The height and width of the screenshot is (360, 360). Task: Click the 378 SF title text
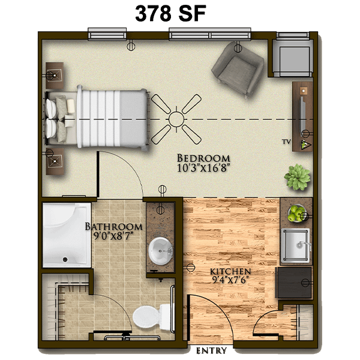(170, 14)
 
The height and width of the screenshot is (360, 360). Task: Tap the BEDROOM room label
(203, 158)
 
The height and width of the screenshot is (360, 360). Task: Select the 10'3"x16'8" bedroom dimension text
(203, 168)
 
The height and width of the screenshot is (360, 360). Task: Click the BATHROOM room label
(113, 227)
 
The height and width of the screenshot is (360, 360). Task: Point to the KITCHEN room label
(230, 272)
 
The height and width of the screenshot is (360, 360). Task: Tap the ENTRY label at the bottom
(211, 350)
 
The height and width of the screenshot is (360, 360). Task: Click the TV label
(287, 142)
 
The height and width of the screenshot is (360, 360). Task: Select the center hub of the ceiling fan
(176, 119)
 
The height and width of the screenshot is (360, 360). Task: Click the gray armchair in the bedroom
(238, 70)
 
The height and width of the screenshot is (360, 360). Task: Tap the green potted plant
(298, 177)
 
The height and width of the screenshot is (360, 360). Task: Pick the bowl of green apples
(296, 214)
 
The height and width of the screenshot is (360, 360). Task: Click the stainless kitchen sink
(296, 245)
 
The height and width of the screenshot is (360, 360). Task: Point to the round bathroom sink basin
(160, 251)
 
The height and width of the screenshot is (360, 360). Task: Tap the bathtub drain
(65, 260)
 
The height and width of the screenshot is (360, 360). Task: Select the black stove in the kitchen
(294, 283)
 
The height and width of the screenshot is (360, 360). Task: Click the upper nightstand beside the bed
(55, 76)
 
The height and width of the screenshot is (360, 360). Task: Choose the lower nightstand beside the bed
(55, 161)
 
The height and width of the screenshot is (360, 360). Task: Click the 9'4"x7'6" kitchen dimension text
(230, 280)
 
